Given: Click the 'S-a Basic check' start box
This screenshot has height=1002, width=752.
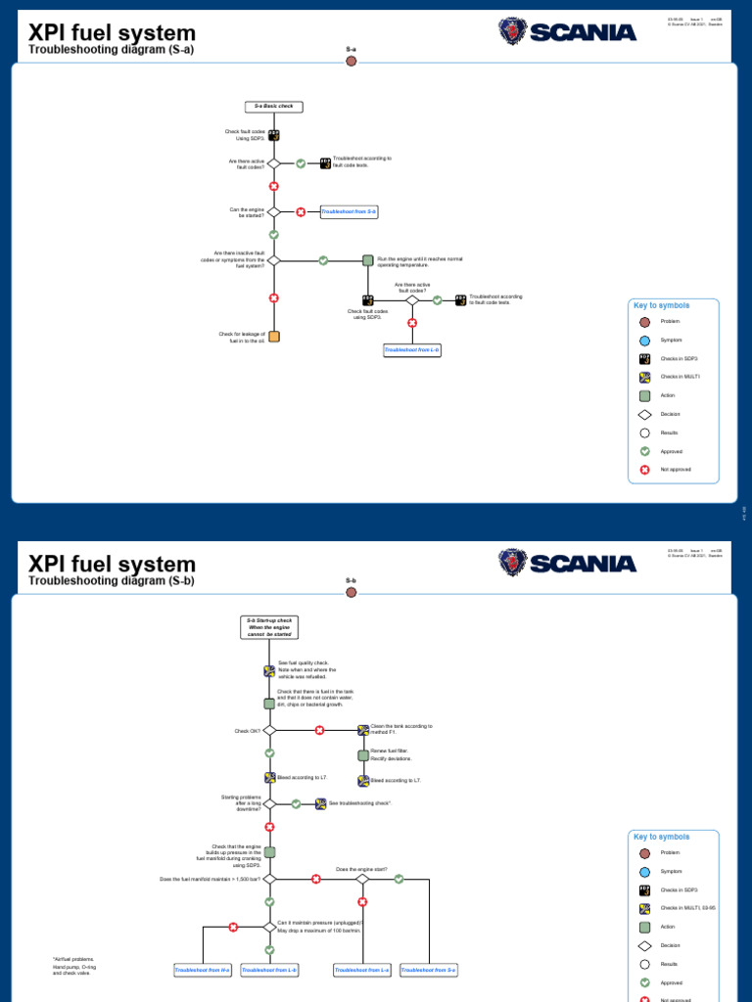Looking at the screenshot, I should [x=273, y=106].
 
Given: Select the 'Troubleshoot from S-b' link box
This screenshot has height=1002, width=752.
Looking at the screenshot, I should [x=349, y=211].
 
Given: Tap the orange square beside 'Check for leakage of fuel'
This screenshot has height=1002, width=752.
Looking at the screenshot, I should [x=274, y=337].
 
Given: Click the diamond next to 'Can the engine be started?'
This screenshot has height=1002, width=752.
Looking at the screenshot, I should [x=274, y=211].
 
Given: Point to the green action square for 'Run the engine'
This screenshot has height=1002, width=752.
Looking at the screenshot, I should [x=368, y=260].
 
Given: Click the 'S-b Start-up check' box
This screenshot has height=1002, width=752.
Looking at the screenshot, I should [x=269, y=627].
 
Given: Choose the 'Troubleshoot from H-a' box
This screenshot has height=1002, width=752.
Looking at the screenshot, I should [x=203, y=970].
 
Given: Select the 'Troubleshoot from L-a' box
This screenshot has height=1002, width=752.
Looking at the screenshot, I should [x=362, y=970].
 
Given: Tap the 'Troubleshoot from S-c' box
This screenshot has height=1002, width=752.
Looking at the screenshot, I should [x=430, y=970].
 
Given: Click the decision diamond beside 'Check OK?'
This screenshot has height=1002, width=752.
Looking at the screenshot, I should [x=269, y=730].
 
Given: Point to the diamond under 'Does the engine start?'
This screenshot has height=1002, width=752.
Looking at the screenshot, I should [x=362, y=879].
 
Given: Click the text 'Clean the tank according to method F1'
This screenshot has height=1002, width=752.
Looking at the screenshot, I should [x=401, y=730].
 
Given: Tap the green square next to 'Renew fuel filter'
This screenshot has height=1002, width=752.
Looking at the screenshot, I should [x=363, y=755].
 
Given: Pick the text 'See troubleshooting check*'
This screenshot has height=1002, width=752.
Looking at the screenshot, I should [x=360, y=803].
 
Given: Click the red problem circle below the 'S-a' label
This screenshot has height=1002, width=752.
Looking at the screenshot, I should [x=352, y=61].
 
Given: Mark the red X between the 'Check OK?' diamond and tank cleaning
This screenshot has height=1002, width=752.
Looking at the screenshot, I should [x=319, y=730].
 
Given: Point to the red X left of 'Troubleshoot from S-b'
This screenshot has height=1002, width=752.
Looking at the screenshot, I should [x=301, y=211].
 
